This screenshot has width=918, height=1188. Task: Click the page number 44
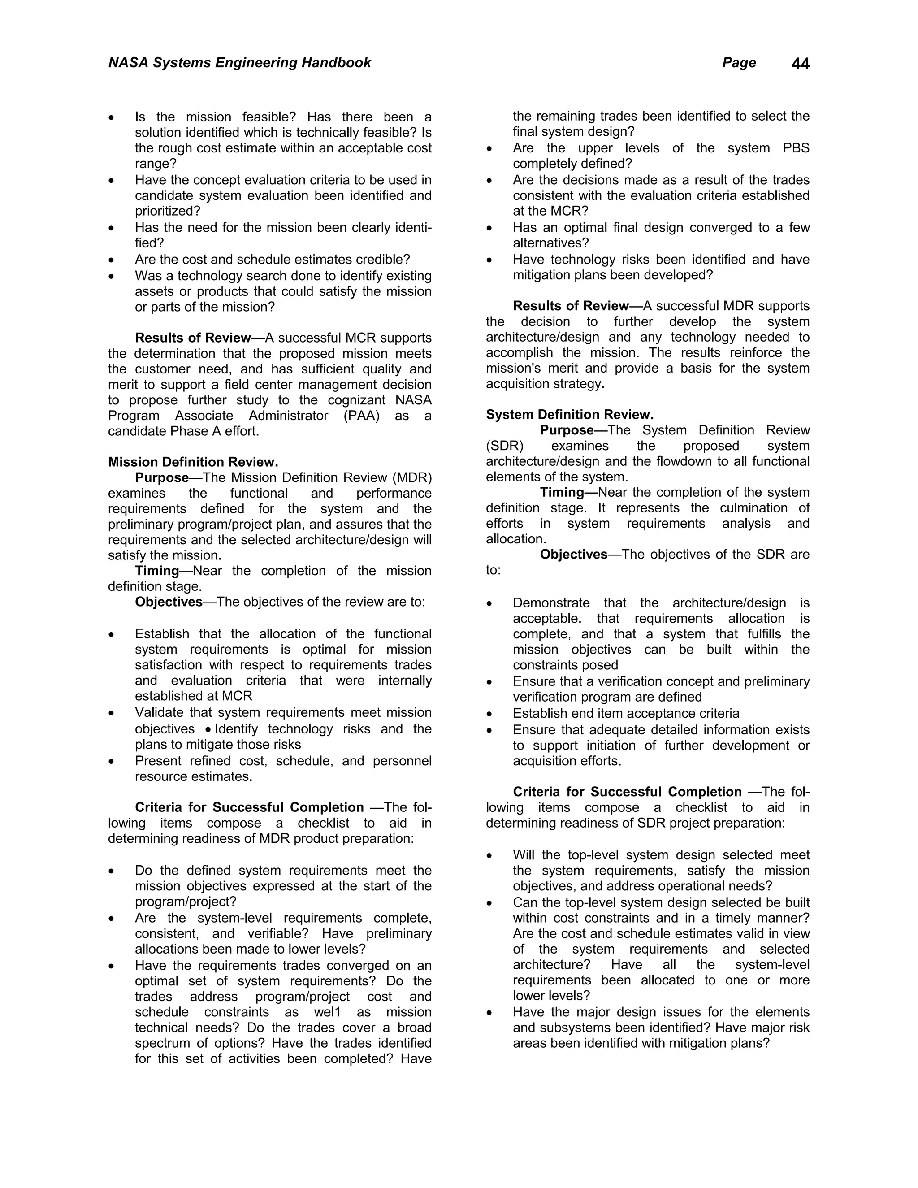[x=800, y=64]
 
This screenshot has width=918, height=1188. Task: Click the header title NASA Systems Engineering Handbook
[x=239, y=63]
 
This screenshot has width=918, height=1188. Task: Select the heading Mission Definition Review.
[x=193, y=462]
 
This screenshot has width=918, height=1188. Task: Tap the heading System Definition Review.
[x=569, y=415]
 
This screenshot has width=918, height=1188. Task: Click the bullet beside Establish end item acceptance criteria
[x=489, y=714]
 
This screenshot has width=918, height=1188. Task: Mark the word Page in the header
[x=739, y=63]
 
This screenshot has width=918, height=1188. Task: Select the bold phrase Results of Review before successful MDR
[x=571, y=306]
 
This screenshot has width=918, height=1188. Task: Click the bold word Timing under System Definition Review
[x=562, y=492]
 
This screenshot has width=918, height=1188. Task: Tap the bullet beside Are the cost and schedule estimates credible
[x=112, y=260]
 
